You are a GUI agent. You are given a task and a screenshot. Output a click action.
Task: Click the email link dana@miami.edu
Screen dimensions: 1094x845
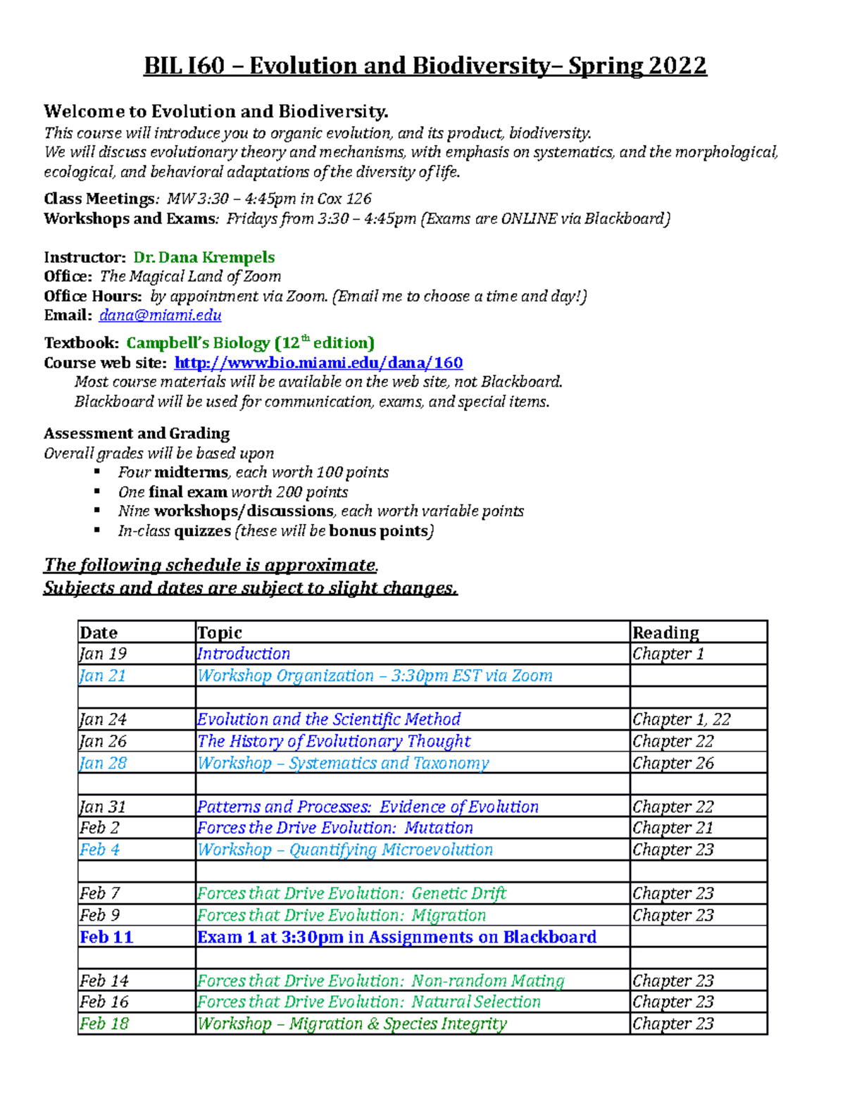[160, 315]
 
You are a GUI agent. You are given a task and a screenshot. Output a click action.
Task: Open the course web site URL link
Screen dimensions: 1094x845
[318, 363]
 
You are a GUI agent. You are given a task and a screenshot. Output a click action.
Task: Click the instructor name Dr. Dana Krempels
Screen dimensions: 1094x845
[204, 257]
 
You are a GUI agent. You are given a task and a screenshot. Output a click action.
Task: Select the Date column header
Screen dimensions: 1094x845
[99, 632]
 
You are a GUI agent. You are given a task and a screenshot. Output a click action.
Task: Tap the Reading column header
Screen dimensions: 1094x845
[665, 632]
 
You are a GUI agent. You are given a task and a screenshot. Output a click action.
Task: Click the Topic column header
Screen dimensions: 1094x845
[220, 632]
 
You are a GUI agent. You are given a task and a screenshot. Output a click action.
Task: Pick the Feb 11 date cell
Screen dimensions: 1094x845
[106, 937]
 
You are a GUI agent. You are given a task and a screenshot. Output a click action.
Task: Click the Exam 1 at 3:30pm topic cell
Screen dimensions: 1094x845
[396, 937]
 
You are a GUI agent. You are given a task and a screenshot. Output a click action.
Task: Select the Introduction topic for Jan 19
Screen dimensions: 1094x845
[244, 654]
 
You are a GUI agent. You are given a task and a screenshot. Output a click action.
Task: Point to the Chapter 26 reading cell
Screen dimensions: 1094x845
[672, 763]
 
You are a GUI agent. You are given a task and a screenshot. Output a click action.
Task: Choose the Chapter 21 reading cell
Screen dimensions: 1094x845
[672, 828]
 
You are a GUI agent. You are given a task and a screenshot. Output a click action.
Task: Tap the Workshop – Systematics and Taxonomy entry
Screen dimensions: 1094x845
[343, 763]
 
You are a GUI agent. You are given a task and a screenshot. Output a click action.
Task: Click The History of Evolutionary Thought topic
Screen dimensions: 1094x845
[334, 741]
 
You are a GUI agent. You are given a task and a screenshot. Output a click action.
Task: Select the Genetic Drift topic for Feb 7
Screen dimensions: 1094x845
[351, 893]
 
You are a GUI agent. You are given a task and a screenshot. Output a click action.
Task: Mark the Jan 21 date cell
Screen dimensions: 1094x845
[103, 676]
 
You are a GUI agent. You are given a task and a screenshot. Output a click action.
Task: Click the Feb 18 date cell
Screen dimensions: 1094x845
[104, 1024]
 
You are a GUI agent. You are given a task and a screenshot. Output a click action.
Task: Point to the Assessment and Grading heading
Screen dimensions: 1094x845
[137, 433]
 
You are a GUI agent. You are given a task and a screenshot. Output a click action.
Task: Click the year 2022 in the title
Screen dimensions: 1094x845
[677, 66]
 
